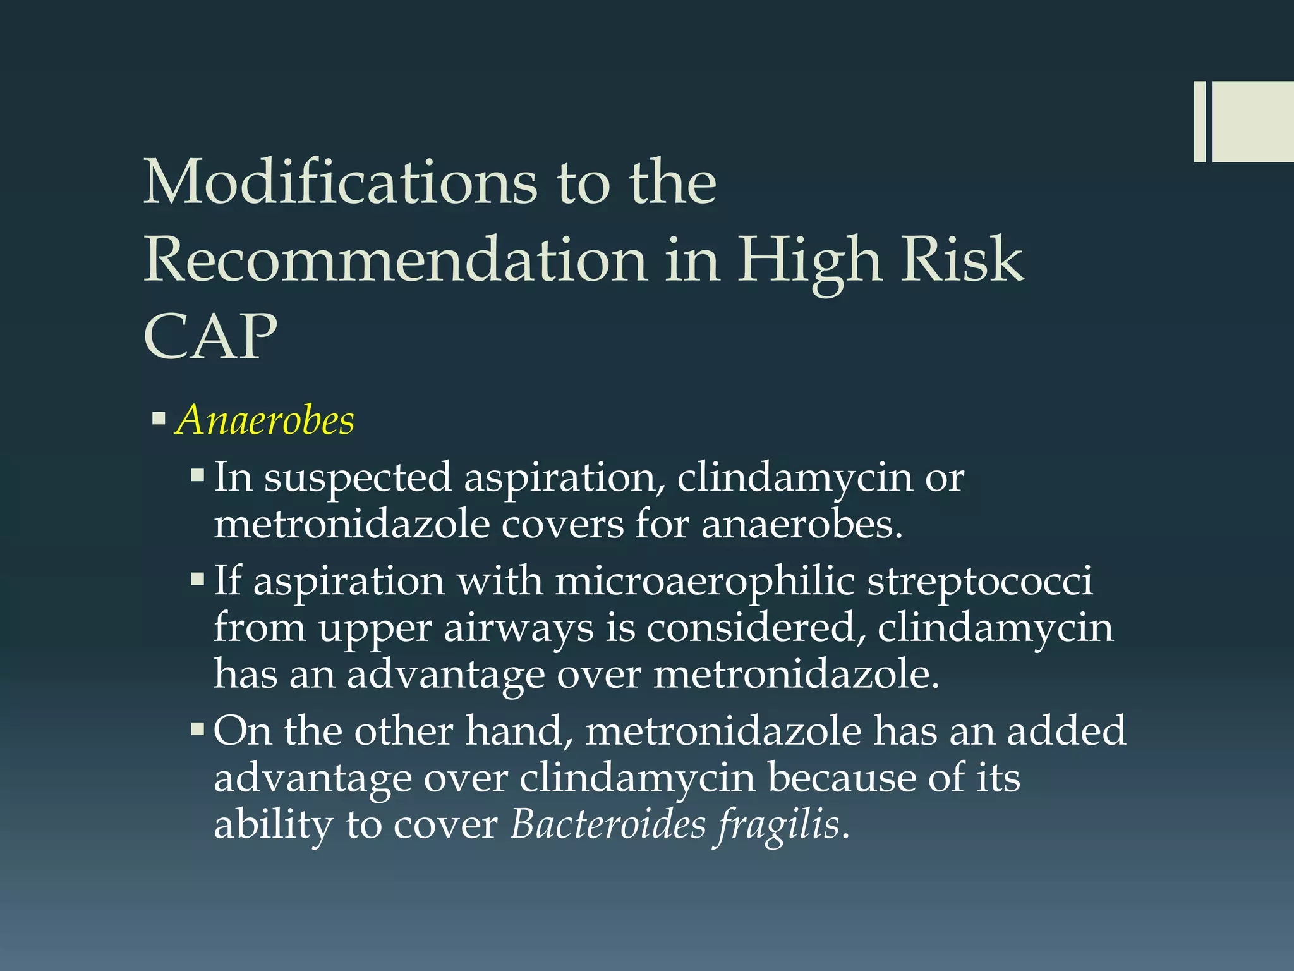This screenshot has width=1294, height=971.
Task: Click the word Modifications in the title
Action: [x=341, y=183]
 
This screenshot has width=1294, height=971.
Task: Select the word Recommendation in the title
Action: [x=395, y=260]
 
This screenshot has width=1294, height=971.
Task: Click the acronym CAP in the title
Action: [x=210, y=336]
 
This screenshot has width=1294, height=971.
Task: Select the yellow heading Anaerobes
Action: [x=265, y=420]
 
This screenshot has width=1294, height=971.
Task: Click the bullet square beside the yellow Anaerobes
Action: [x=159, y=418]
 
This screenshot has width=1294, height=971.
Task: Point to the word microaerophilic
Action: [x=704, y=581]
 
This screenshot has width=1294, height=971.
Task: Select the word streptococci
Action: [x=979, y=581]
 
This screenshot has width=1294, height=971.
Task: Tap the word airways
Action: [x=519, y=629]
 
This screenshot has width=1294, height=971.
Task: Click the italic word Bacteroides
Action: [x=608, y=824]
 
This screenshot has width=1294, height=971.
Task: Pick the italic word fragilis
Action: [x=778, y=826]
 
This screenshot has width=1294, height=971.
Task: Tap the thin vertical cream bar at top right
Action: [x=1199, y=121]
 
